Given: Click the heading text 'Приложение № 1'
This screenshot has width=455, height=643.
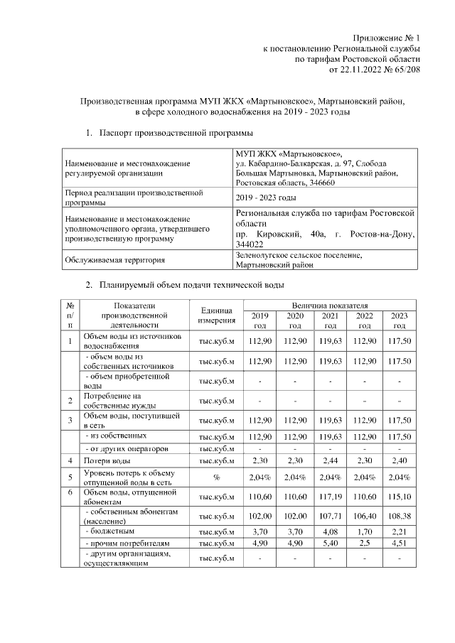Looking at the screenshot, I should pos(387,38).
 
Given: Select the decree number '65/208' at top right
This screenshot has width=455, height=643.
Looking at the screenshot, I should pos(405,70).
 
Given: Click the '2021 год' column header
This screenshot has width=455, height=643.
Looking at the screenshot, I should pos(330,320).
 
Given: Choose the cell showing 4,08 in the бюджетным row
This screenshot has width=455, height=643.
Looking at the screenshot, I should pos(330,531).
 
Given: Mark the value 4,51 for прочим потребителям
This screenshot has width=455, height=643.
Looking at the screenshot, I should pos(400,544).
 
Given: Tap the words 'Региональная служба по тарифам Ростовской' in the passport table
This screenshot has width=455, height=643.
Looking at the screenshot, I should pos(323,212).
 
